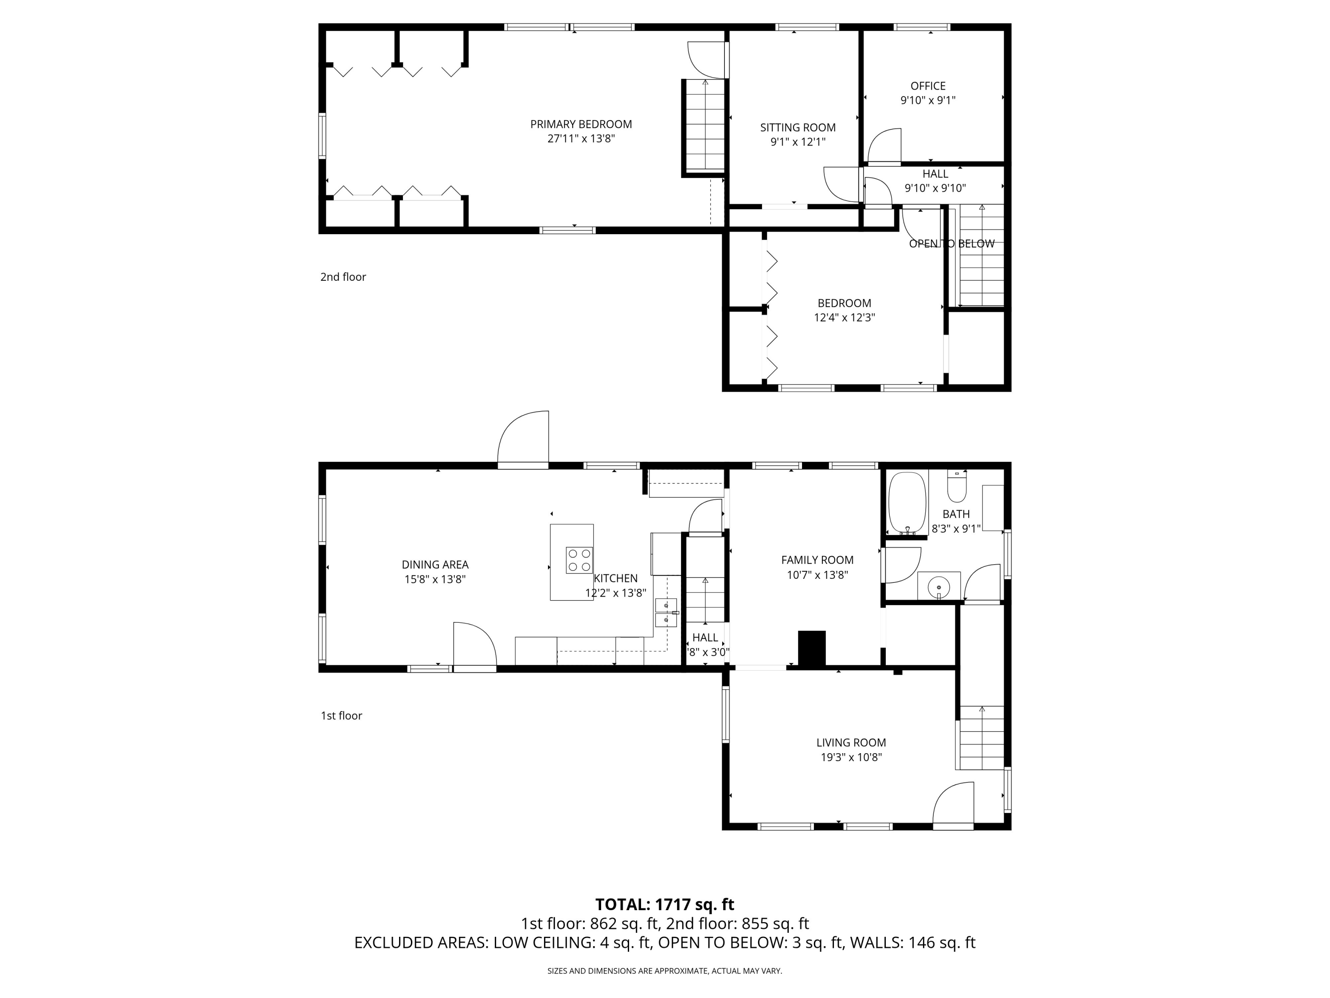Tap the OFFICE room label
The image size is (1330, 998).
(x=928, y=86)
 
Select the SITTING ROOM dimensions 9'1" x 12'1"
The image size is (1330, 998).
(x=798, y=142)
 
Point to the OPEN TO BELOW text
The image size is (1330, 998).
(x=951, y=244)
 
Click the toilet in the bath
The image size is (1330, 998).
(x=957, y=487)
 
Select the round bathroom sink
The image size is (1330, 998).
(x=939, y=586)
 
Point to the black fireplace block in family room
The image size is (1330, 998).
(x=811, y=648)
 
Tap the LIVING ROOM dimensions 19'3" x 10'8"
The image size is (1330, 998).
(x=851, y=758)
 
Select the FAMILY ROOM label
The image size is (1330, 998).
(x=817, y=560)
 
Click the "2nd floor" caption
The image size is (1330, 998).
(x=343, y=277)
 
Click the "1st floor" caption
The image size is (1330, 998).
(x=341, y=715)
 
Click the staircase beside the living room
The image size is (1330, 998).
(x=981, y=738)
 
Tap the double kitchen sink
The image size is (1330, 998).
(x=665, y=613)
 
